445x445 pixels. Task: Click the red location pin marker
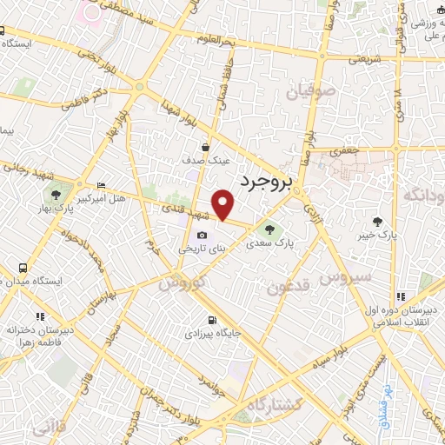(x=224, y=203)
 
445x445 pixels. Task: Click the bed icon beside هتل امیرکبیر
(x=103, y=185)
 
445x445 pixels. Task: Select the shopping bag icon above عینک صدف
(x=205, y=147)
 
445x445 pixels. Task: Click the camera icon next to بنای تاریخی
(x=203, y=236)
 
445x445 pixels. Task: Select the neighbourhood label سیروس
(x=344, y=277)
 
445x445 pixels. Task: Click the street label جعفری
(x=342, y=149)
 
